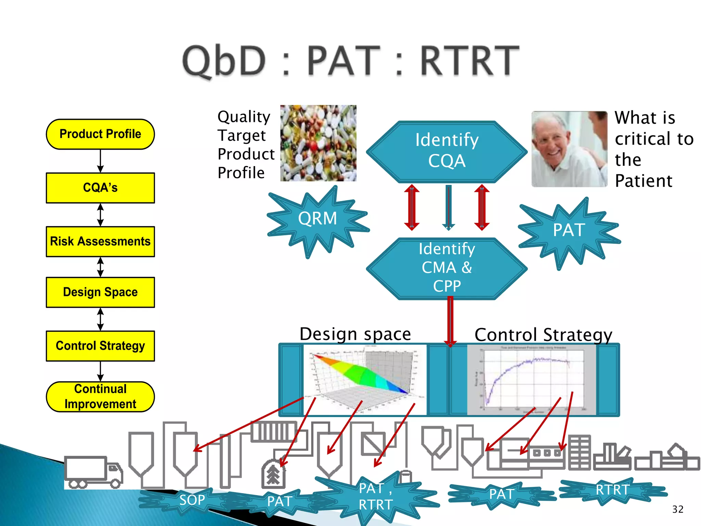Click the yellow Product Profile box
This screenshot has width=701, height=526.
tap(100, 134)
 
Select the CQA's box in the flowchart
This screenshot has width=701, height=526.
tap(100, 188)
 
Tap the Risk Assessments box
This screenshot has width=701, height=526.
tap(100, 241)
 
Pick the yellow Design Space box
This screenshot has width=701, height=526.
tap(100, 292)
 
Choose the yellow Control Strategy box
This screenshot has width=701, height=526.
tap(100, 346)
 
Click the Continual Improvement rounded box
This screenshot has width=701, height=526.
tap(100, 397)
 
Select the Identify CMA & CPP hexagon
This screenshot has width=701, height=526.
tap(447, 268)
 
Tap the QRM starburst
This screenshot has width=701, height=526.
tap(317, 219)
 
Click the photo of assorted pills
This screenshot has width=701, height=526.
tap(318, 143)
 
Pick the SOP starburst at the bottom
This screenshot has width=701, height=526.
tap(192, 500)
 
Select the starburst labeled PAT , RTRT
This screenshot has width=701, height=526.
tap(375, 497)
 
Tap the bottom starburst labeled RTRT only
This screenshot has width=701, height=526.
tap(612, 490)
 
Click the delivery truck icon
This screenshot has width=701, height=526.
tap(93, 472)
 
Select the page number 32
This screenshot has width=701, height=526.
tap(677, 509)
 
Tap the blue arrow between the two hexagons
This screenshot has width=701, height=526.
tap(448, 207)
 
